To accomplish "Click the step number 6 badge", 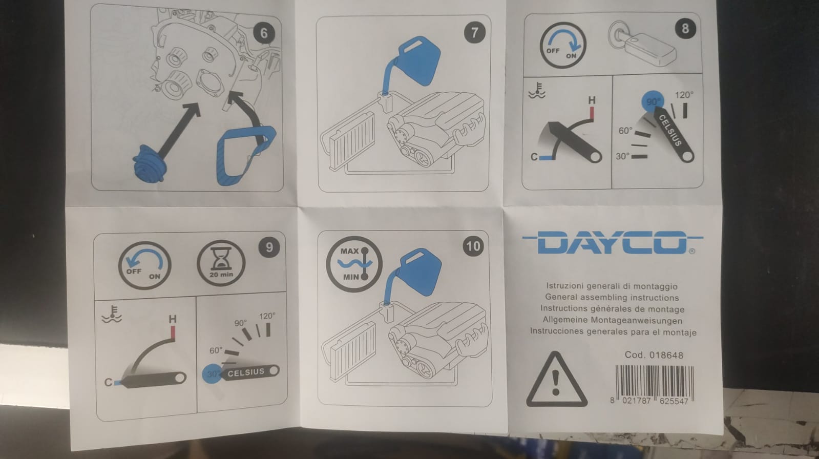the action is click(264, 33).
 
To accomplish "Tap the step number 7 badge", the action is click(475, 33).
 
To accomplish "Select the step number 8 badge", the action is click(685, 28).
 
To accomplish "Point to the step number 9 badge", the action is click(269, 247).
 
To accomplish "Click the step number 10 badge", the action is click(473, 246).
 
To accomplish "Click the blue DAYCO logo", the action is click(613, 242).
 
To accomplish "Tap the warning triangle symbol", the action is click(556, 379).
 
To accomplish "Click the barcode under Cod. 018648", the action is click(655, 381).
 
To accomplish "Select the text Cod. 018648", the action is click(654, 355).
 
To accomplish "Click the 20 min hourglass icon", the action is click(221, 263).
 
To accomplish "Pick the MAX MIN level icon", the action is click(354, 264).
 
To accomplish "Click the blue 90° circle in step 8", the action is click(652, 101).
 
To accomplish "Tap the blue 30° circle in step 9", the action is click(213, 374).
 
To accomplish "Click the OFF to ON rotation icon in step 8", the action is click(563, 45).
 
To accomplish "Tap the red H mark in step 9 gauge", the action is click(173, 332).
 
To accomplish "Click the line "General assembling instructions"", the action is click(612, 297).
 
